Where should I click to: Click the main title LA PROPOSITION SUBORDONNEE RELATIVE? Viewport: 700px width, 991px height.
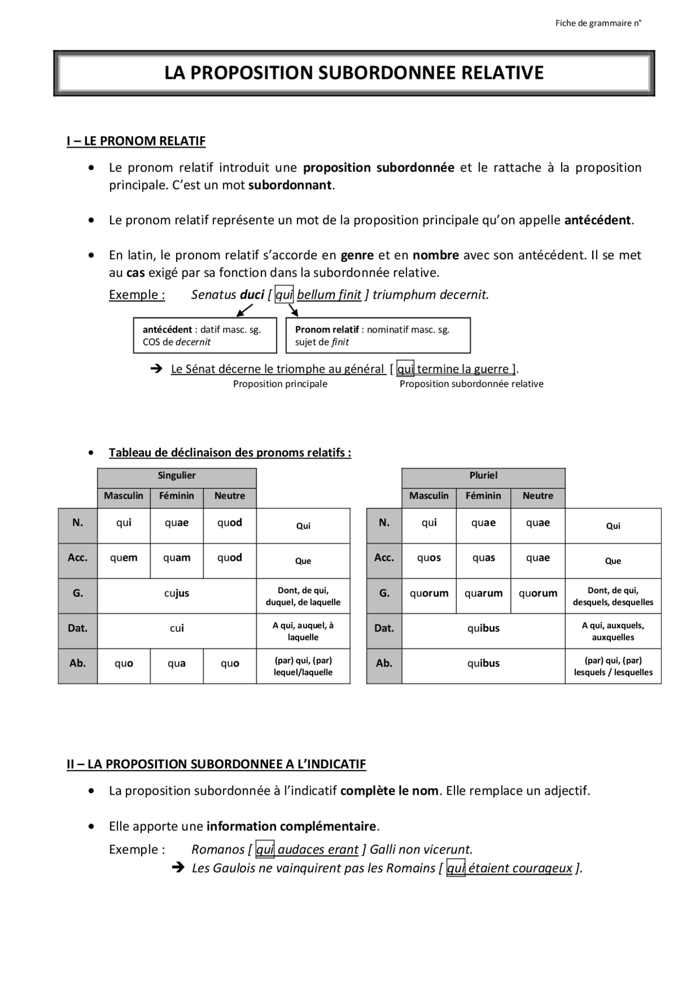pos(354,73)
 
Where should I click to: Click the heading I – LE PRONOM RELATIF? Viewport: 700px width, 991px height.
pos(136,141)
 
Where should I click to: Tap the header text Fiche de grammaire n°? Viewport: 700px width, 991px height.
pos(598,23)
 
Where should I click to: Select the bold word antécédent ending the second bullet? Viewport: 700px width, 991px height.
pos(598,221)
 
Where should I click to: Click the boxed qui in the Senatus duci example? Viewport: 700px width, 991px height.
pos(284,295)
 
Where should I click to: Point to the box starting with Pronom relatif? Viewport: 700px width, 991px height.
pos(378,335)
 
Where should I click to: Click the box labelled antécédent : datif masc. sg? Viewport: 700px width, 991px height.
pos(205,335)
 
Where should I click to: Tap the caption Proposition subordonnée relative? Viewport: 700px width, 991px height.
pos(471,384)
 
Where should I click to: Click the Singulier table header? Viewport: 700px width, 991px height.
pos(177,476)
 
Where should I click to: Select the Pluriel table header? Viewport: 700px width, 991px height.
pos(483,476)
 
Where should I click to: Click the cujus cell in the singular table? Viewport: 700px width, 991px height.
pos(177,594)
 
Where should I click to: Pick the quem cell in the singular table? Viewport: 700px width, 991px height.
pos(124,558)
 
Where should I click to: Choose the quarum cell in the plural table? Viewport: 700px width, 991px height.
pos(483,594)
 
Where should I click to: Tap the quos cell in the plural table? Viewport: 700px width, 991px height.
pos(429,558)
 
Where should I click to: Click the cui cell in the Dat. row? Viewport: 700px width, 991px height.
pos(177,629)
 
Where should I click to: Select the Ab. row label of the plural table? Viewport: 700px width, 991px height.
pos(384,664)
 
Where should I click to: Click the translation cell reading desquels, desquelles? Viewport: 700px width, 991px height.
pos(613,596)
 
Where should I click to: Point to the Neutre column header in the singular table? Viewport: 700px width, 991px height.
pos(230,496)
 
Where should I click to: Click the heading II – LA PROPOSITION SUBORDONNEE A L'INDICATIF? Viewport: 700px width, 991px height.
pos(216,764)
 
